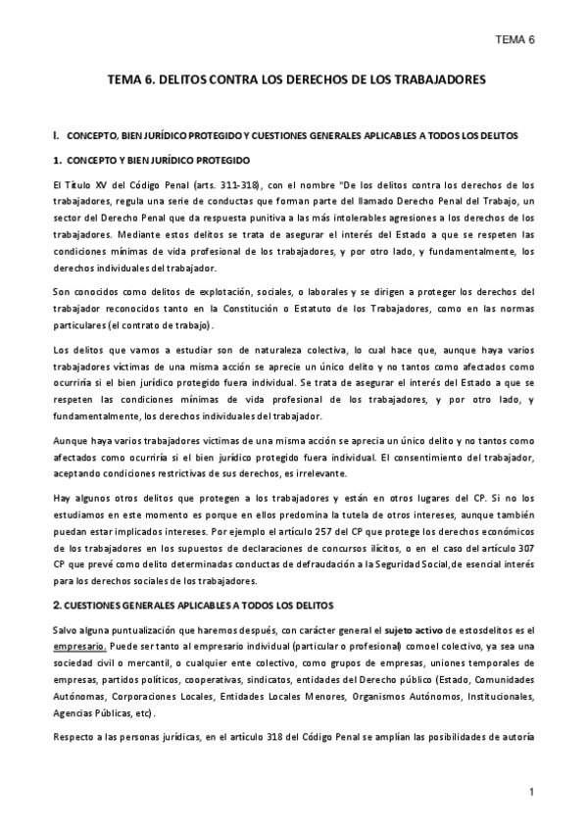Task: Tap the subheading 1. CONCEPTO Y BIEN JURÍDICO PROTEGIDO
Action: tap(152, 160)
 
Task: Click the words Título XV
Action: tap(87, 184)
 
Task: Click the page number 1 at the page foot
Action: tap(530, 791)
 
